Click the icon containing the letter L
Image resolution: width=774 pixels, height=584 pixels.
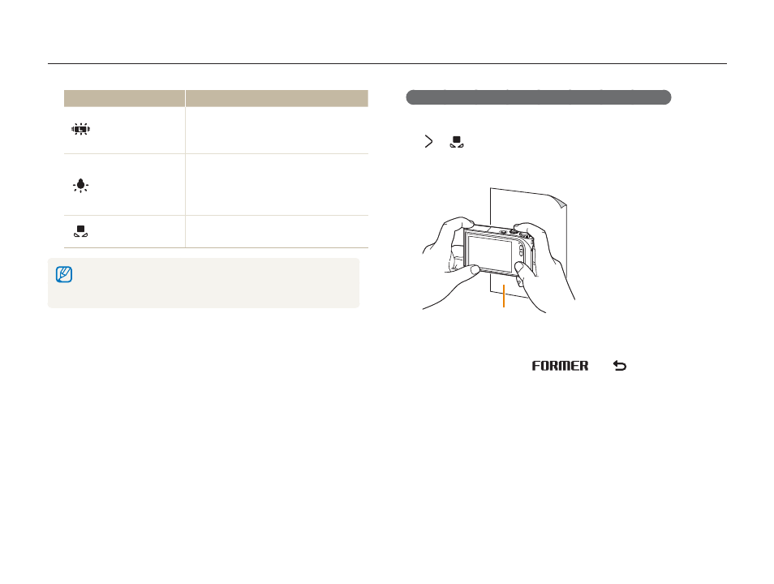click(x=80, y=129)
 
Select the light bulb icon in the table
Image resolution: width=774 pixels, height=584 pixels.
click(x=80, y=186)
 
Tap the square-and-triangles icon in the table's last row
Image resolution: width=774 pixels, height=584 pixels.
click(x=80, y=231)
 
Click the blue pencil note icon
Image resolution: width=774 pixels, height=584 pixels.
click(x=64, y=274)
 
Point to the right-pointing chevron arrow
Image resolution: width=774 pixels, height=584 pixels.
click(x=428, y=142)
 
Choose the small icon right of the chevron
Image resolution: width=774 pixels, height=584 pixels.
click(x=457, y=142)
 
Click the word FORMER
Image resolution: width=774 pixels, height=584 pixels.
click(x=561, y=366)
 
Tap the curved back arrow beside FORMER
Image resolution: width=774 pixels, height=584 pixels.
click(x=620, y=366)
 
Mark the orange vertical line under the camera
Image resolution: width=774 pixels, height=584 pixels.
click(x=504, y=296)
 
